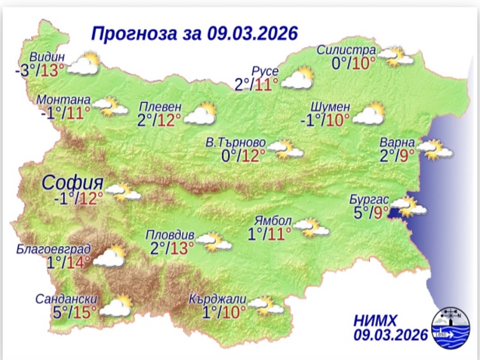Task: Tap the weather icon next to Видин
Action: click(84, 63)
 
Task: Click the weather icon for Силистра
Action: click(397, 57)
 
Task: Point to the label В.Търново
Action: click(236, 142)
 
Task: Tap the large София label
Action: click(70, 183)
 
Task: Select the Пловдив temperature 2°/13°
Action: click(173, 248)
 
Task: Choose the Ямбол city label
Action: click(272, 221)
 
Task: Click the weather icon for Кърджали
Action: click(267, 306)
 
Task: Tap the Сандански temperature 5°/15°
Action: click(75, 312)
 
